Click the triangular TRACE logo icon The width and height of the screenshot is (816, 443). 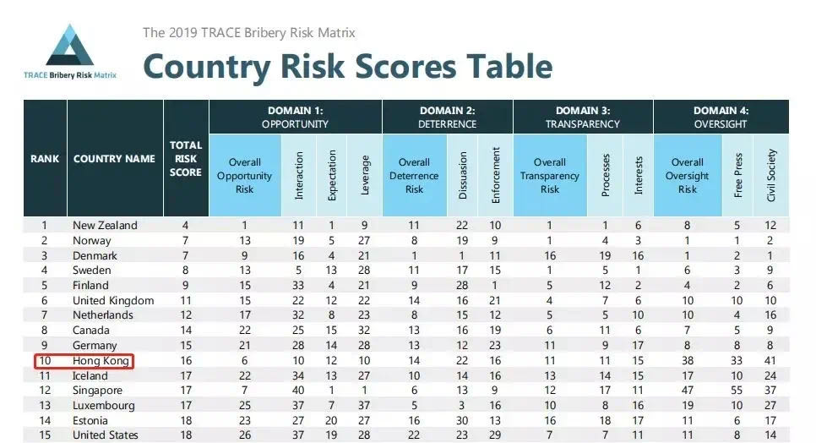[69, 46]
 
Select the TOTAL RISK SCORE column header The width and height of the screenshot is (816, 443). [186, 158]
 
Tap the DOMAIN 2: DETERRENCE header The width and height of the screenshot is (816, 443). [447, 117]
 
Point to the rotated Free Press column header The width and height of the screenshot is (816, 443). [738, 176]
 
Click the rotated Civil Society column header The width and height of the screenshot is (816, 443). [770, 175]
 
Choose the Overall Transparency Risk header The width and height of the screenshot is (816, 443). [550, 176]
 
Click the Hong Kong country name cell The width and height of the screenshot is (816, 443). [101, 360]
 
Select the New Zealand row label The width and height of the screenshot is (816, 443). [105, 225]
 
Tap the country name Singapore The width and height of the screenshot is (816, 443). [98, 391]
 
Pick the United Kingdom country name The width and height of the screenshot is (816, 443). [113, 300]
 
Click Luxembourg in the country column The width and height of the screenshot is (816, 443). [104, 406]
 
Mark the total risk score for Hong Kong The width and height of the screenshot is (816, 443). [186, 360]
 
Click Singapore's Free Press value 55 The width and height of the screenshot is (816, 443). [738, 391]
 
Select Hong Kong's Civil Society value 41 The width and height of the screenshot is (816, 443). [770, 360]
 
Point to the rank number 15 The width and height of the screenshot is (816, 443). [45, 435]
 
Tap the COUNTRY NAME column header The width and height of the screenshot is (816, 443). [114, 158]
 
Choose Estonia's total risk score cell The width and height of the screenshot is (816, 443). [186, 421]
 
